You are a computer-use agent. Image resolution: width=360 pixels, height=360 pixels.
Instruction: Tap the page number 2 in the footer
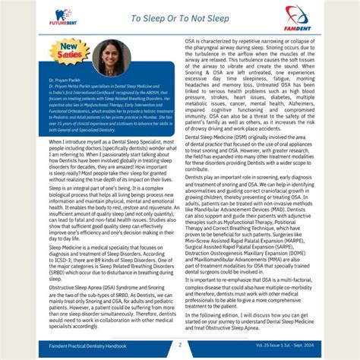click(x=180, y=344)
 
